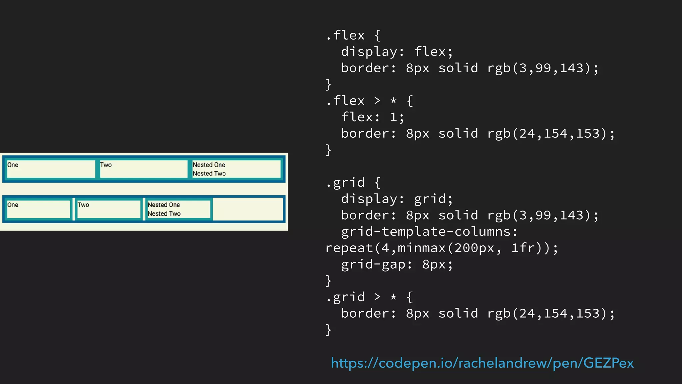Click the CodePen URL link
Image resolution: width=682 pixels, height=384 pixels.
[482, 363]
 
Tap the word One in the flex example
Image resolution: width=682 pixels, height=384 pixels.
[13, 165]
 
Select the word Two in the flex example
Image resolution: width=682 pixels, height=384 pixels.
[106, 165]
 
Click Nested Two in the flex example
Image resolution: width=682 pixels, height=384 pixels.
[209, 174]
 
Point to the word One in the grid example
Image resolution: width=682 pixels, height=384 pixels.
[13, 205]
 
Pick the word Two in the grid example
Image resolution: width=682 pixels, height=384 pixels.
[83, 205]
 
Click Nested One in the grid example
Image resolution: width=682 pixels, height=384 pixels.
[164, 205]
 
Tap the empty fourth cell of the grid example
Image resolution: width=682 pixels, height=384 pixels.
[248, 209]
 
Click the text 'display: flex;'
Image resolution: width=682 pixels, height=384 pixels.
[397, 52]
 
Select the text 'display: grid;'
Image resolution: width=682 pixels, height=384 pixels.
[397, 199]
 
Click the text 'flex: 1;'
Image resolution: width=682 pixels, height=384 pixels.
[373, 117]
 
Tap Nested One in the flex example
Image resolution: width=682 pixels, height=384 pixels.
[209, 165]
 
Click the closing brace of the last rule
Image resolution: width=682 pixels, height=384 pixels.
[328, 330]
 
